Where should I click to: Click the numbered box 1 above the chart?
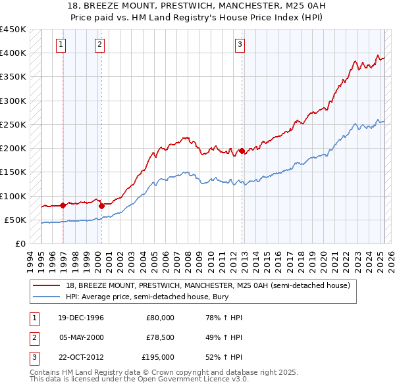pos(61,45)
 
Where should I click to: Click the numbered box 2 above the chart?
pos(99,45)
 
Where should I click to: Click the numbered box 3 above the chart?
pos(239,45)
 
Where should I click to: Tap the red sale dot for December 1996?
pos(63,205)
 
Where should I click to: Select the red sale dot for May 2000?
pos(102,206)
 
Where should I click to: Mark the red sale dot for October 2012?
pos(242,151)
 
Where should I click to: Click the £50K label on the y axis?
pos(15,220)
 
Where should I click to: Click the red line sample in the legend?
pos(47,285)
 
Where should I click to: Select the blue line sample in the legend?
pos(47,297)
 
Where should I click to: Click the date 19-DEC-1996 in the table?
pos(76,318)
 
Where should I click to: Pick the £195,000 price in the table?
pos(158,357)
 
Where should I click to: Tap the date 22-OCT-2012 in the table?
pos(76,357)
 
